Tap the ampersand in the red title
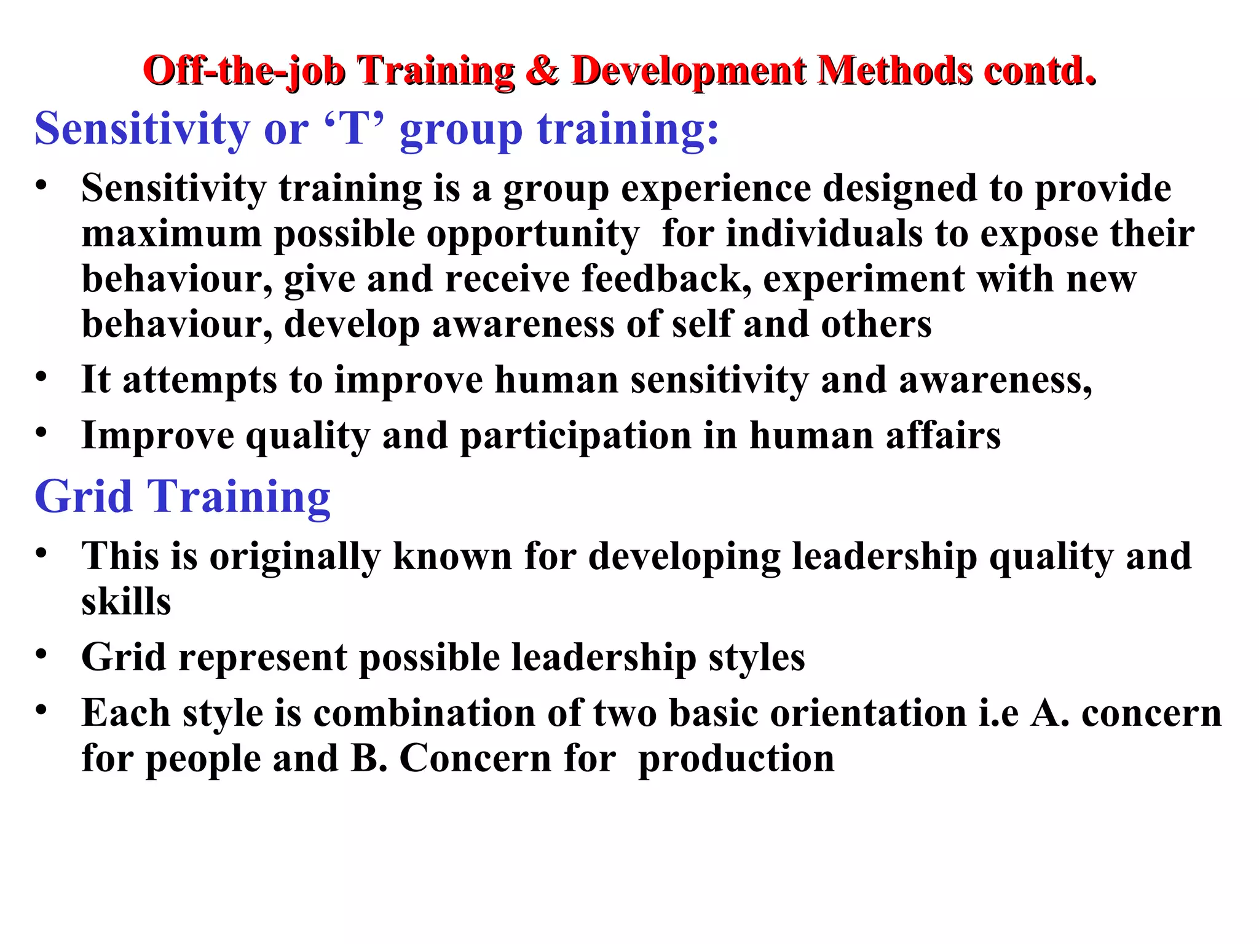point(542,71)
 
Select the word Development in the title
point(688,72)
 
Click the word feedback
point(666,279)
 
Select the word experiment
point(864,280)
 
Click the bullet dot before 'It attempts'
point(41,377)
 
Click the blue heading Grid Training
point(183,496)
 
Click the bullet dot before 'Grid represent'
point(41,654)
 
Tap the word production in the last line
point(736,759)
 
